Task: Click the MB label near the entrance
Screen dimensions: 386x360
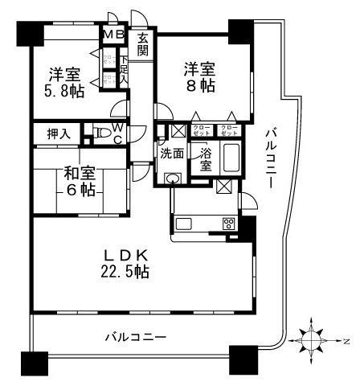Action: [x=112, y=35]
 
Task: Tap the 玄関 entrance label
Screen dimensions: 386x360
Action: [x=143, y=43]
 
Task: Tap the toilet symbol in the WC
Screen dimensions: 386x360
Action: [x=101, y=133]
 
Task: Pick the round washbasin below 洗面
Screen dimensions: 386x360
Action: [x=171, y=179]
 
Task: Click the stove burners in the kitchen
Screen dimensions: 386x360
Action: [x=228, y=224]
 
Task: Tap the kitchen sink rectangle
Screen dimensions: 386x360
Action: [x=182, y=223]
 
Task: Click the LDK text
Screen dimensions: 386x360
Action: [x=127, y=256]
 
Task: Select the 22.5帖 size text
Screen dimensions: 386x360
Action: [x=127, y=273]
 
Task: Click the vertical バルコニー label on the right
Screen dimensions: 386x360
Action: [x=270, y=158]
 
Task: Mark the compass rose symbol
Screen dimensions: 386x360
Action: [x=313, y=341]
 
